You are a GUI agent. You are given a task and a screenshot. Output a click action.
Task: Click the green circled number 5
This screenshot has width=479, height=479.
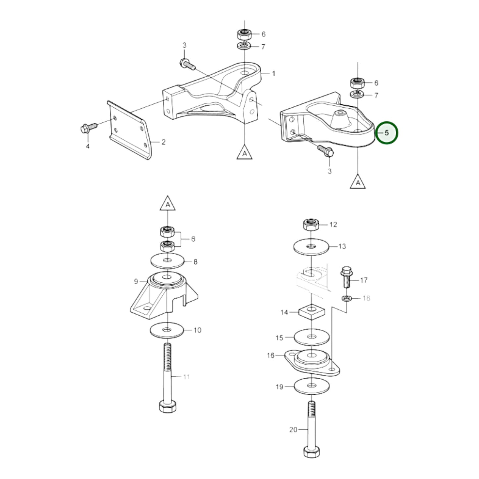point(386,133)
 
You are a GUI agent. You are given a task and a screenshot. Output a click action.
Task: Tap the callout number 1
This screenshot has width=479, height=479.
point(273,74)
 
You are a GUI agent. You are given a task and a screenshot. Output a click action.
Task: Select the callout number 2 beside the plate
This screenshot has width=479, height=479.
point(163,142)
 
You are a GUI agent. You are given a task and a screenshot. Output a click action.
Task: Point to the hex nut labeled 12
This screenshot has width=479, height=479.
point(311,225)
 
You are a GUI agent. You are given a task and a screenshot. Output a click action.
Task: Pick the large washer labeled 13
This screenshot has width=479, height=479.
point(311,247)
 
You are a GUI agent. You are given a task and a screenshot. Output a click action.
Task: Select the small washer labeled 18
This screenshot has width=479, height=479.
point(347,299)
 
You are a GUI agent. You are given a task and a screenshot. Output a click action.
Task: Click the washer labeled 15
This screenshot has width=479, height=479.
point(311,337)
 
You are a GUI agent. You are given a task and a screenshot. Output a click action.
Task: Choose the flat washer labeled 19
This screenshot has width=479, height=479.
point(311,386)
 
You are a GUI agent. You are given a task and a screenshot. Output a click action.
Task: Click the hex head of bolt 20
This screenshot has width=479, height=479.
point(312,452)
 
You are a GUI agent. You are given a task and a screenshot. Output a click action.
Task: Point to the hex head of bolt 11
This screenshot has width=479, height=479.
point(168,406)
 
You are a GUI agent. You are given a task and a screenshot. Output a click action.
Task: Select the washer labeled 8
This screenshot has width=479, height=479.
point(168,261)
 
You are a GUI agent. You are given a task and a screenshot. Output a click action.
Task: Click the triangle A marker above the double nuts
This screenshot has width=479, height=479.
point(168,205)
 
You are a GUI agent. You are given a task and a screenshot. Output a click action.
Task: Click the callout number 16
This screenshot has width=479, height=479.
point(271,355)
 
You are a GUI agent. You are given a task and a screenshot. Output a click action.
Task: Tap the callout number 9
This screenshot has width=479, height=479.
point(136,281)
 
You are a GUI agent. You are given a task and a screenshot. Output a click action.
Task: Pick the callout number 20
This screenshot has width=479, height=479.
point(293,430)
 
